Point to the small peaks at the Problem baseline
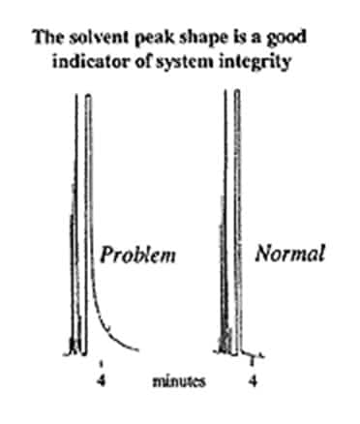point(72,344)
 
